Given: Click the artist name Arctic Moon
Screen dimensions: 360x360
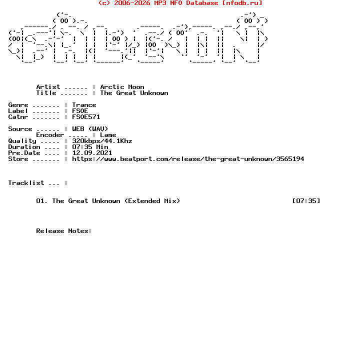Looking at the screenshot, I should (122, 87).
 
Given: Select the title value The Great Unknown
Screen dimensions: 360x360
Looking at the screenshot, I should (134, 93).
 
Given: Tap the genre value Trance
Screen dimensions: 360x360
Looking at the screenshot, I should (84, 105).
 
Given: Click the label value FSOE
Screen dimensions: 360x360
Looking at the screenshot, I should (80, 111).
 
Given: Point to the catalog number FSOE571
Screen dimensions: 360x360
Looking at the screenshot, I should (86, 117).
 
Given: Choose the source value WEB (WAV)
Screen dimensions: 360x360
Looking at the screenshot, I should (90, 129).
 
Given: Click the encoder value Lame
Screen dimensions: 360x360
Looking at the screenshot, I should (108, 135).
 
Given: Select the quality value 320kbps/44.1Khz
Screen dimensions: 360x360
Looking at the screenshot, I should (102, 141).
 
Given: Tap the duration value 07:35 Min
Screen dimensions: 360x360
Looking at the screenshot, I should (90, 147).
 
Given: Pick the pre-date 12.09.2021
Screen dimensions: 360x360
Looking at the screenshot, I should (92, 153).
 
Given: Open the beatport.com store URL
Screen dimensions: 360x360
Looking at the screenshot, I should (188, 159).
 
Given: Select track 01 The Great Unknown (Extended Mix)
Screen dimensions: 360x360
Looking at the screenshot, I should (108, 201).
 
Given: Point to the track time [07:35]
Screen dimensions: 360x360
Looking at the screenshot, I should (306, 201).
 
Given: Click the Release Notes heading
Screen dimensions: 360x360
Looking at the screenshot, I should (64, 231).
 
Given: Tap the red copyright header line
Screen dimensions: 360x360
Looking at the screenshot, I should (180, 3).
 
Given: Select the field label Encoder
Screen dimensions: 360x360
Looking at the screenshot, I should (50, 135).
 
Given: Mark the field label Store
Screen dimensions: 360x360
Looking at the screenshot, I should (18, 159).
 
